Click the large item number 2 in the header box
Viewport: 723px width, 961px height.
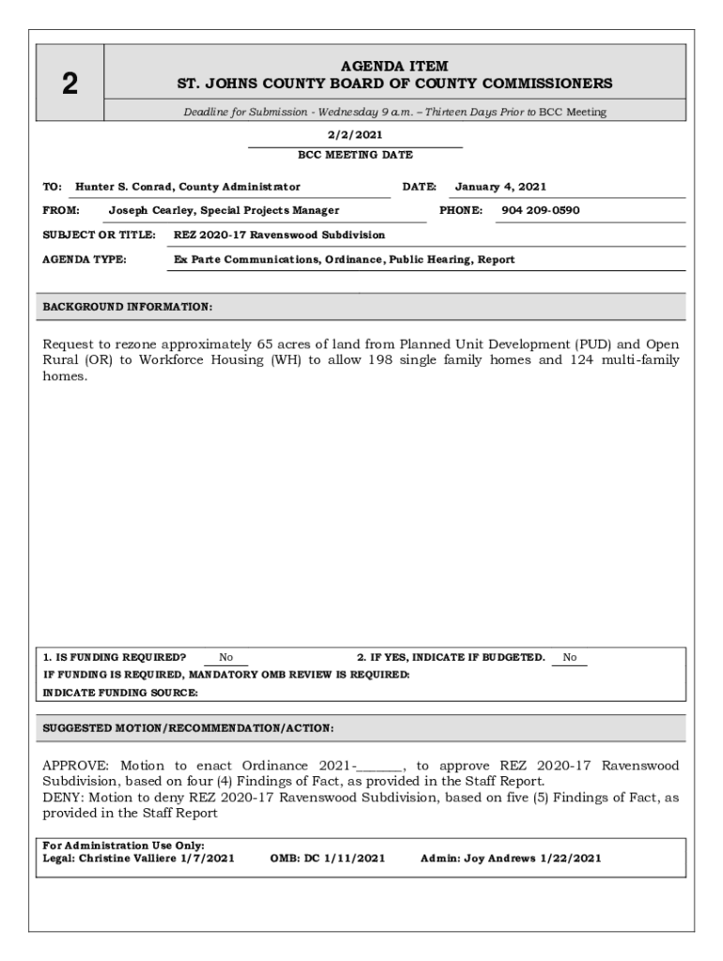tap(69, 85)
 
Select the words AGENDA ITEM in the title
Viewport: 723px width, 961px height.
tap(394, 66)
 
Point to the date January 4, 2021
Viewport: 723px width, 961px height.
tap(500, 187)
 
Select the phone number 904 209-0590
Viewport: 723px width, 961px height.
tap(540, 210)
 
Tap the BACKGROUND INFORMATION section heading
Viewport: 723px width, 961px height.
tap(128, 307)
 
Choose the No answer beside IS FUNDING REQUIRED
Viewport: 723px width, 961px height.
tap(226, 658)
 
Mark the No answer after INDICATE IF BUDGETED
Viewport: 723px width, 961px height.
tap(570, 658)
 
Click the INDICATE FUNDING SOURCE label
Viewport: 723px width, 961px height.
tap(121, 693)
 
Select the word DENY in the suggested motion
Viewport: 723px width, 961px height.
tap(62, 798)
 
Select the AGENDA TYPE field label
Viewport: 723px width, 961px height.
tap(85, 259)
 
